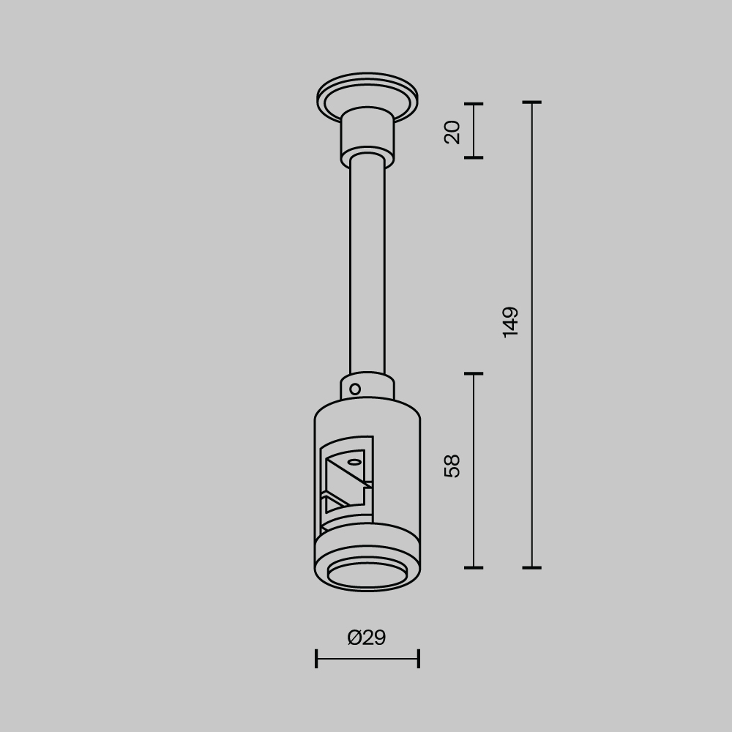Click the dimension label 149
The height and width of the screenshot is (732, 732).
pos(511,321)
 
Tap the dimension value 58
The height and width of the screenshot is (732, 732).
pos(452,466)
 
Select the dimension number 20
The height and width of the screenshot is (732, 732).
pos(452,132)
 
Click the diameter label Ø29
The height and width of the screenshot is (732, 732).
pos(367,638)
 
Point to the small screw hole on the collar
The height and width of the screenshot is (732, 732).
pos(355,389)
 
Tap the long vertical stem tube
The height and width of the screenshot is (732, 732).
pos(367,264)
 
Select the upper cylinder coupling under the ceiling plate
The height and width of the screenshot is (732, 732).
pos(367,135)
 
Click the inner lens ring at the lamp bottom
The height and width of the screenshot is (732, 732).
pos(367,574)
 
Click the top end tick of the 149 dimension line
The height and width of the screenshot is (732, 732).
pos(532,102)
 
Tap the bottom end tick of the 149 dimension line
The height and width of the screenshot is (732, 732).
pos(532,567)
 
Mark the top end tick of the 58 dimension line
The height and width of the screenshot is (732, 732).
pos(474,373)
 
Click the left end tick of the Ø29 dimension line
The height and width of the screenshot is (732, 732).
pos(316,659)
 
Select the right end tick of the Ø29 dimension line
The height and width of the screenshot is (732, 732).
pos(419,659)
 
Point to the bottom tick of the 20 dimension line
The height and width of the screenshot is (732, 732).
pos(474,157)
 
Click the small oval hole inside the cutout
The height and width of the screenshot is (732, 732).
pos(354,462)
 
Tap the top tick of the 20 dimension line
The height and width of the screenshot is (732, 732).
pos(474,104)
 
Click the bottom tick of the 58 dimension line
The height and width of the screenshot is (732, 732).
pos(474,567)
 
